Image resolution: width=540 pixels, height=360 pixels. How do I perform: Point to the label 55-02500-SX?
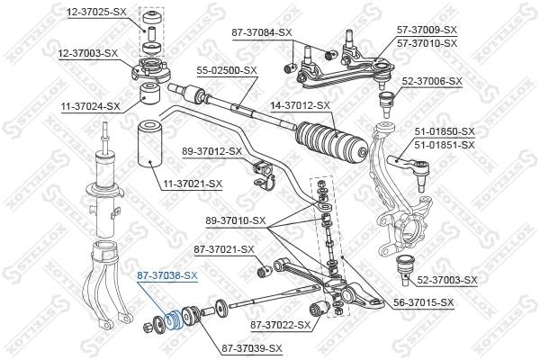coord(227,69)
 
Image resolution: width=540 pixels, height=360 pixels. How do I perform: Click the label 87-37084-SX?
coord(262,32)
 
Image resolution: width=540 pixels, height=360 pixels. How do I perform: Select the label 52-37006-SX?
coord(431,80)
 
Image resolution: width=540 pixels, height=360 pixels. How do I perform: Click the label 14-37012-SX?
coord(301,105)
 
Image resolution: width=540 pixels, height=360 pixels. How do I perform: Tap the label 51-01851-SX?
coord(444,144)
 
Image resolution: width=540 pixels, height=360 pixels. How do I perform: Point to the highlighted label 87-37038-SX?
coord(166,275)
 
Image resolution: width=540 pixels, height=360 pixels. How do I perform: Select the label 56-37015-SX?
coord(422,302)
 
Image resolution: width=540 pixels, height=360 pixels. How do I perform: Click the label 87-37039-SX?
coord(252,348)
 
